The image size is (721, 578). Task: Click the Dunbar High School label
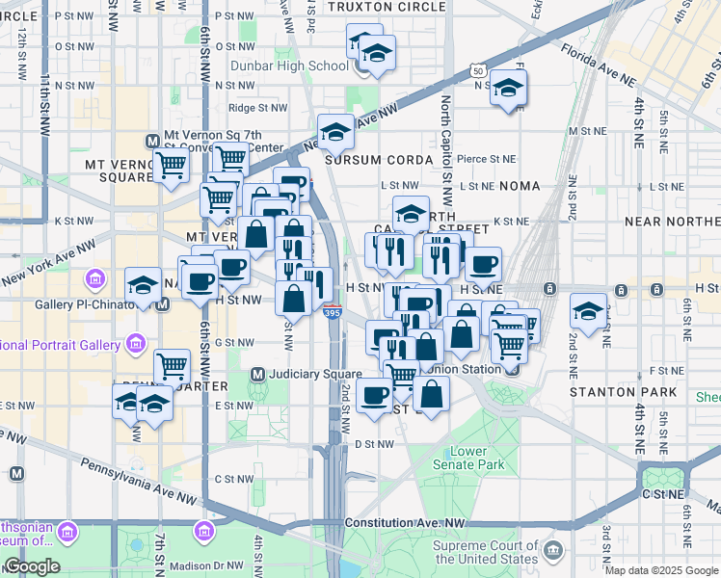pos(289,66)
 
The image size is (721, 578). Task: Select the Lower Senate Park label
pos(477,458)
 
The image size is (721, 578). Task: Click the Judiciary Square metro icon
pos(257,374)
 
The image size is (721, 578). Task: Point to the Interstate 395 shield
pos(331,312)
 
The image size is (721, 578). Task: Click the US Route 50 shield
pos(477,70)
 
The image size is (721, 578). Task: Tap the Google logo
pos(32,566)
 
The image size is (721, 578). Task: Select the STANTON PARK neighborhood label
pos(612,393)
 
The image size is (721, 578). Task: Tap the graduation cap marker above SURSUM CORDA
pos(335,132)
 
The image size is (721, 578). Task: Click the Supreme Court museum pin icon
pos(552,550)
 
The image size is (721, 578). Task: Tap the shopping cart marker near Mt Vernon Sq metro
pos(171,165)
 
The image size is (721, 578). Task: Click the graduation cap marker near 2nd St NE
pos(588,310)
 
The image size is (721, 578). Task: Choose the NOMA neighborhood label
pos(520,184)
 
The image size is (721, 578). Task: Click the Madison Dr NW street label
pos(205,565)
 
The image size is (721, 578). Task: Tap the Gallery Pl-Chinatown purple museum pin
pos(95,280)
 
